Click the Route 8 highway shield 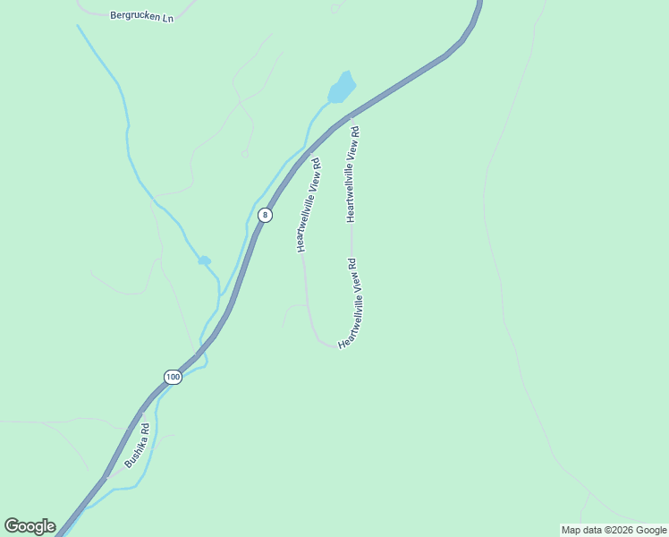(265, 215)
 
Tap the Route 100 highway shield (173, 377)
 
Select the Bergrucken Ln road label (141, 16)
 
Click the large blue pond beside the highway (342, 89)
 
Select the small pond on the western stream (205, 260)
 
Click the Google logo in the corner (30, 526)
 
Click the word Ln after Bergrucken (166, 17)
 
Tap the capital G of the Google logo (12, 526)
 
